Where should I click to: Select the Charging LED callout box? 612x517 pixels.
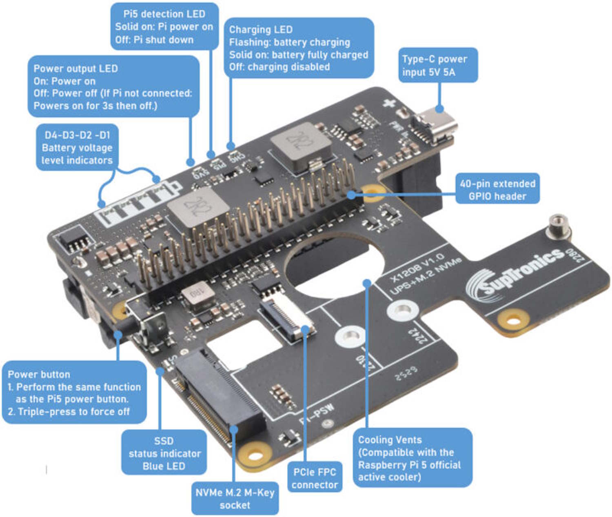299,48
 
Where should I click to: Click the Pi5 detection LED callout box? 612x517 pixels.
164,27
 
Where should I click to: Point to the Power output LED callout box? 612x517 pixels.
113,87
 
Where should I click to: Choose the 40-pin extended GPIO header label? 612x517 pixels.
497,190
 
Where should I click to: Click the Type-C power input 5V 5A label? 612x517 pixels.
438,65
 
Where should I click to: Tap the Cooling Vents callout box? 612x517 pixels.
412,458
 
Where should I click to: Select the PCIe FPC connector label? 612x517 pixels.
315,478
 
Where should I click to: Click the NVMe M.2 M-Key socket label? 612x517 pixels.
235,498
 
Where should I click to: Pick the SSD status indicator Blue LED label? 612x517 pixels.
164,453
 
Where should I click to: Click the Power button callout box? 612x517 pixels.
74,393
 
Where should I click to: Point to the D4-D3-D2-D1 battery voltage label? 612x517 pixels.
77,147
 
